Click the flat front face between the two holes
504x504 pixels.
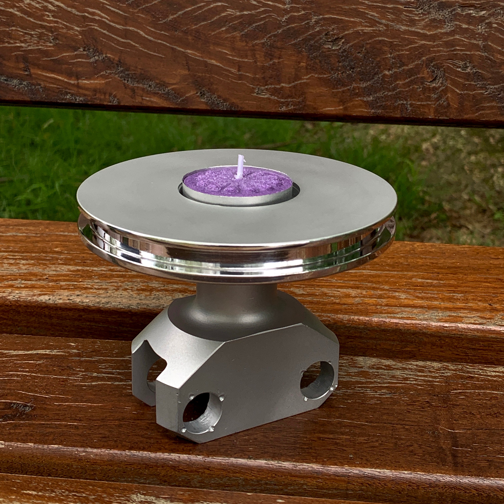pos(261,386)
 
